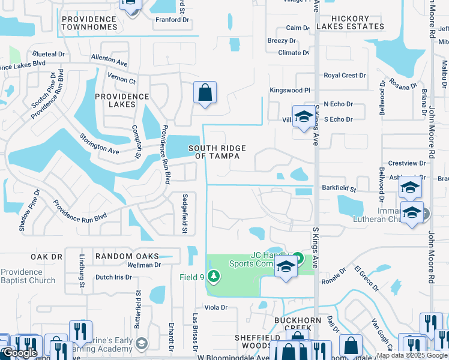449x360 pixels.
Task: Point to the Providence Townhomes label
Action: pos(89,23)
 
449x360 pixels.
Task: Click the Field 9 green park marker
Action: pos(212,277)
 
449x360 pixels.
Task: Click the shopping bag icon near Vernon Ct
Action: pos(205,93)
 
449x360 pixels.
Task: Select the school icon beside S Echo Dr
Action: pos(304,116)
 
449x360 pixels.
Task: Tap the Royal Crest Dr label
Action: pos(345,76)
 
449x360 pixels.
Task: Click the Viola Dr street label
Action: pos(216,307)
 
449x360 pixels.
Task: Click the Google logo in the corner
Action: pos(20,353)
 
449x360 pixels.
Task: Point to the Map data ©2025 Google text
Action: pos(412,355)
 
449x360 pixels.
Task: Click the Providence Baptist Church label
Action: pos(28,276)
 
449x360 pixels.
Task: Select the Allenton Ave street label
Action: pos(109,59)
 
